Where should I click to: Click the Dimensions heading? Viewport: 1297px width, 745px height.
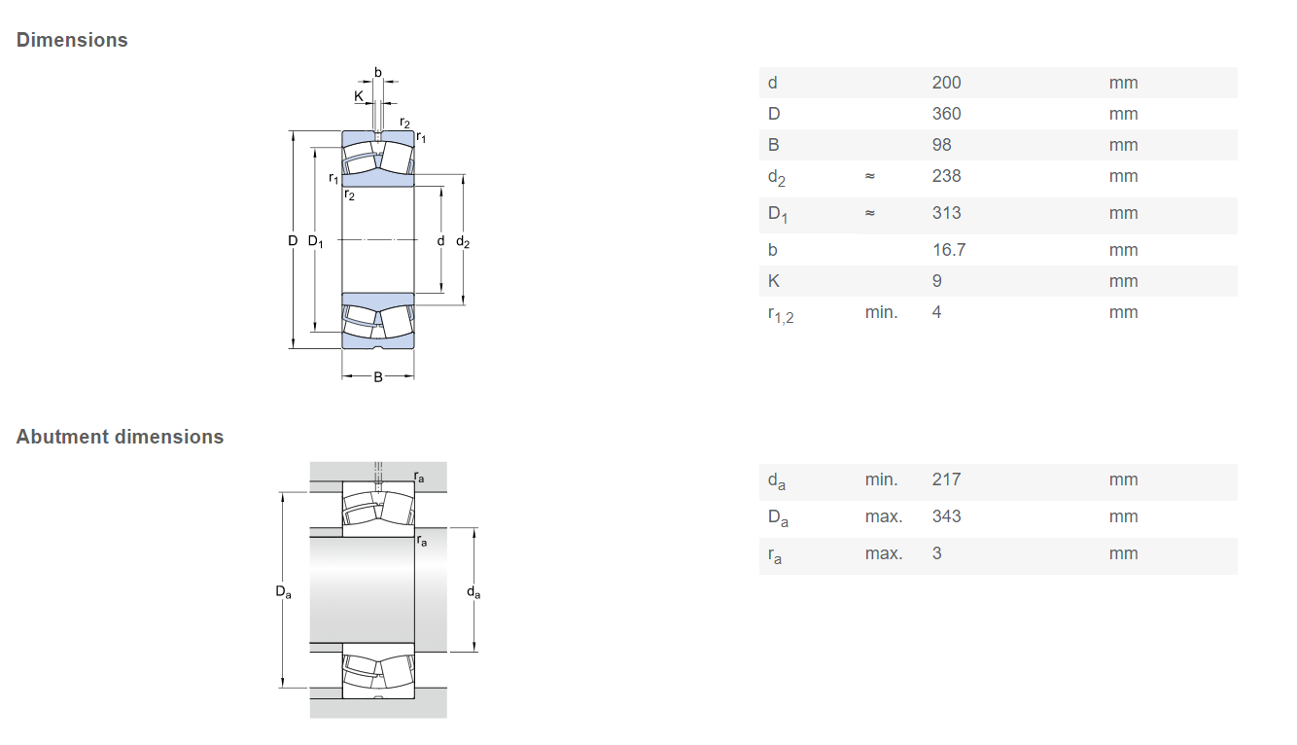72,40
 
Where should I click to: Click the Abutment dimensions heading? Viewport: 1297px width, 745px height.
120,437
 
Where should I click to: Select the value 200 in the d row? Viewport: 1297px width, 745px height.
945,83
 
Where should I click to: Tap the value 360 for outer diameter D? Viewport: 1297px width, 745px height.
945,114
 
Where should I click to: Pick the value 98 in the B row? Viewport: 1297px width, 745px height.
941,145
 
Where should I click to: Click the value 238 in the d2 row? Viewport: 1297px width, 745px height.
945,176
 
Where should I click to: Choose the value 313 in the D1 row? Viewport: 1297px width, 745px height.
945,213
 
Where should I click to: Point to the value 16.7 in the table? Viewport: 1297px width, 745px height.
948,250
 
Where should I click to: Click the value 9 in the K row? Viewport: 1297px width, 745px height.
936,281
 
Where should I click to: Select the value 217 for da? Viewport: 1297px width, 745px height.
945,479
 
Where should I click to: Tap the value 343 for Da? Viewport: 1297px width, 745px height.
945,516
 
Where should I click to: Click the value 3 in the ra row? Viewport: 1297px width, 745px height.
936,553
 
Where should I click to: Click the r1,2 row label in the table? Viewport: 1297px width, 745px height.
780,314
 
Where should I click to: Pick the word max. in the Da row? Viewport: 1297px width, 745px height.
883,516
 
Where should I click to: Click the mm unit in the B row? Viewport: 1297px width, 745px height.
1122,145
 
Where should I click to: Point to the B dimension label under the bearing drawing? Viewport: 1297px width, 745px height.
378,376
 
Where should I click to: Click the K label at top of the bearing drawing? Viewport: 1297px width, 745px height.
358,95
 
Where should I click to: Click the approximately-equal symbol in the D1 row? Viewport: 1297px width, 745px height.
869,213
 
